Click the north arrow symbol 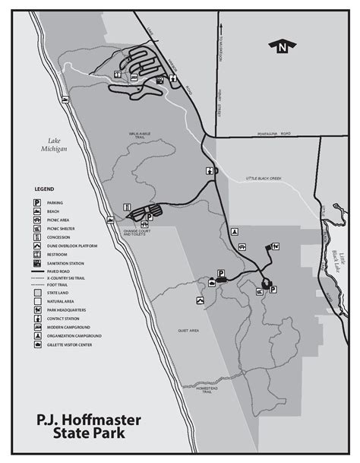283,47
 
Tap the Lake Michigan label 57,144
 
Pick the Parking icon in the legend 36,202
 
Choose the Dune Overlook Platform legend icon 36,246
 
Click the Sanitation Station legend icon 36,263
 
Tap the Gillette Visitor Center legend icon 36,344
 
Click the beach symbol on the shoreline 127,207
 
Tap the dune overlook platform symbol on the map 200,302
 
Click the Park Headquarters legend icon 36,309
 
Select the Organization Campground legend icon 36,335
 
